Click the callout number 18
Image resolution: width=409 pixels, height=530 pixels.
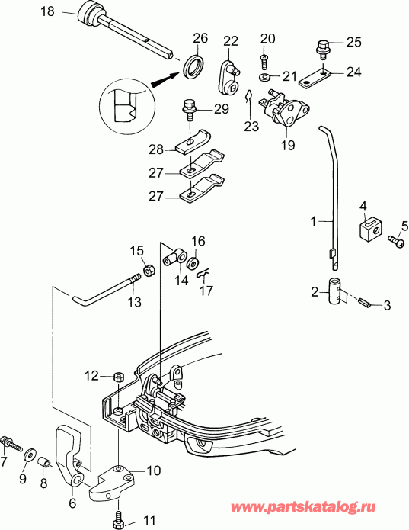coord(25,11)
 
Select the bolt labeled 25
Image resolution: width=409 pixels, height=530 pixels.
coord(323,49)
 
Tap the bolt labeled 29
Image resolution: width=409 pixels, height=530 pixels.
coord(187,110)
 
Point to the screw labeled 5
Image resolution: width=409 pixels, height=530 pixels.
coord(395,240)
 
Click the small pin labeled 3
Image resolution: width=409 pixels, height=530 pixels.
coord(366,304)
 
